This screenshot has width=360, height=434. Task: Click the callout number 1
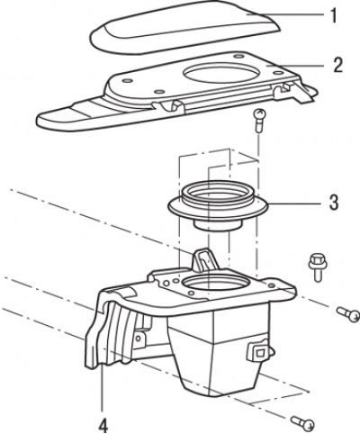(333, 15)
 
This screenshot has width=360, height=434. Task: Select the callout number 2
(338, 65)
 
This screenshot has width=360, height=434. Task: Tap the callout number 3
(334, 203)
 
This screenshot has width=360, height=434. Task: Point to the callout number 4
(103, 426)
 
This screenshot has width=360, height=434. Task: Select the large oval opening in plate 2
(220, 73)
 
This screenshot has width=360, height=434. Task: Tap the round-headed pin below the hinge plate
(259, 120)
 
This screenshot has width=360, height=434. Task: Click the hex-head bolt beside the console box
(318, 267)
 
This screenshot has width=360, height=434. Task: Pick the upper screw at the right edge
(348, 314)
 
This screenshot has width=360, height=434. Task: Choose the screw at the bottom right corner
(302, 423)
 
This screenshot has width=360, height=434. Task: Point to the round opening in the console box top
(215, 284)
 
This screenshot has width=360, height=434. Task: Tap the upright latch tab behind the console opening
(205, 260)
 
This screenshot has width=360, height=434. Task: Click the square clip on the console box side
(258, 350)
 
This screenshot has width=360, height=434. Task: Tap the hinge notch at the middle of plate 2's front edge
(168, 106)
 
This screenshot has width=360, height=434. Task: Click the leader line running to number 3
(293, 203)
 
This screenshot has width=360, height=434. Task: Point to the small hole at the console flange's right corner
(271, 285)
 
